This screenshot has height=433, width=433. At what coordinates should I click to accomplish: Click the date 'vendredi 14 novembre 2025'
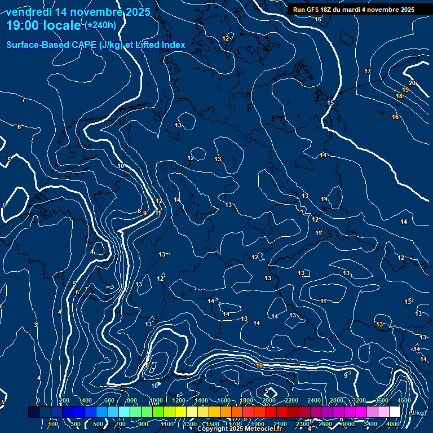pyautogui.click(x=78, y=11)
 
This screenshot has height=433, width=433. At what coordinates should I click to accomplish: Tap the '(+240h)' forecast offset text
pyautogui.click(x=100, y=25)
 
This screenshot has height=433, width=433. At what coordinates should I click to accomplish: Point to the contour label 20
pyautogui.click(x=412, y=83)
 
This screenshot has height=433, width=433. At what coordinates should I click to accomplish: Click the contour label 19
pyautogui.click(x=405, y=90)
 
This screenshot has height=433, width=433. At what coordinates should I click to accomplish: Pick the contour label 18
pyautogui.click(x=399, y=96)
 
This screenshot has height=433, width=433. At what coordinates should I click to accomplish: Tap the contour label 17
pyautogui.click(x=368, y=71)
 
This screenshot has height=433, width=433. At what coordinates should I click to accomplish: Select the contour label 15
pyautogui.click(x=330, y=103)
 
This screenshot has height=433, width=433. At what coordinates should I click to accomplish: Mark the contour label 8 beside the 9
pyautogui.click(x=139, y=211)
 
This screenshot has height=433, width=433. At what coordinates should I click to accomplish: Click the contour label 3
pyautogui.click(x=35, y=325)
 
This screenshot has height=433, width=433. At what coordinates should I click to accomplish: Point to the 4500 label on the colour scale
pyautogui.click(x=404, y=400)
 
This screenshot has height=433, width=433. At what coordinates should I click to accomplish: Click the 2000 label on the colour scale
pyautogui.click(x=269, y=400)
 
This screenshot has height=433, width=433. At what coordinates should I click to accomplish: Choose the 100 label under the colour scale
pyautogui.click(x=54, y=424)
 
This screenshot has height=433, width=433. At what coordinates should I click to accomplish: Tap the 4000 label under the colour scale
pyautogui.click(x=393, y=424)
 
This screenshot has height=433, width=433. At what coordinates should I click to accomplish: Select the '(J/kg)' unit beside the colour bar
pyautogui.click(x=417, y=413)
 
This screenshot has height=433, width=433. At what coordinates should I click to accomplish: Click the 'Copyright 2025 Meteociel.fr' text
pyautogui.click(x=239, y=429)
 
